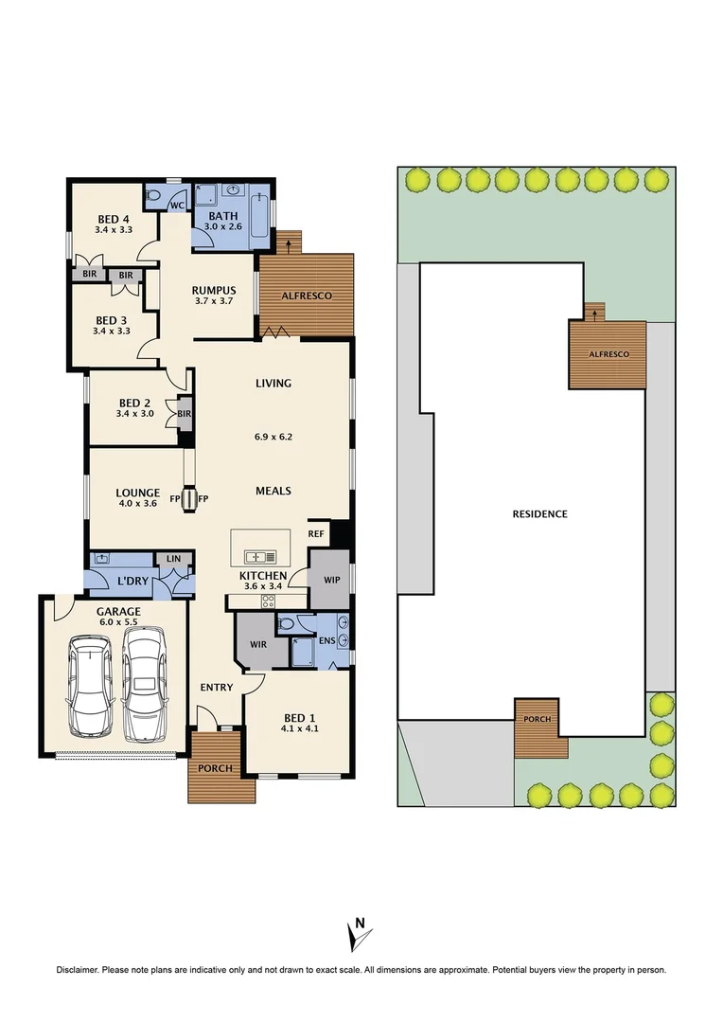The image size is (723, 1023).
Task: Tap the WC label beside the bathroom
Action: pyautogui.click(x=177, y=206)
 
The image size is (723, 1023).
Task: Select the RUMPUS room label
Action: pyautogui.click(x=214, y=291)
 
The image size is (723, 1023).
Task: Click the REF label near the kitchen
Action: pyautogui.click(x=316, y=533)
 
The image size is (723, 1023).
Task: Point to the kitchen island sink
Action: pyautogui.click(x=260, y=557)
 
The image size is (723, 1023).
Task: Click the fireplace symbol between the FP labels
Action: pyautogui.click(x=189, y=499)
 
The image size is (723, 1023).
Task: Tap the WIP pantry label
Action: pyautogui.click(x=332, y=580)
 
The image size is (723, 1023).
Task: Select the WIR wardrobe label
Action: pyautogui.click(x=258, y=645)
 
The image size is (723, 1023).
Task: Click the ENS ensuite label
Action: pyautogui.click(x=327, y=640)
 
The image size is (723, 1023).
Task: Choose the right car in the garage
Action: pyautogui.click(x=144, y=685)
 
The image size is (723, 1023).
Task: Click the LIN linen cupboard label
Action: pyautogui.click(x=173, y=559)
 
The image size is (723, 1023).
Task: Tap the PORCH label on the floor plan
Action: pyautogui.click(x=215, y=768)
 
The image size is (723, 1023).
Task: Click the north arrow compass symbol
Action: pyautogui.click(x=358, y=933)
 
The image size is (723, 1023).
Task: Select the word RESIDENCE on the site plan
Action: pyautogui.click(x=539, y=514)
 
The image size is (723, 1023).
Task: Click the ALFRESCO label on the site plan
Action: pyautogui.click(x=609, y=354)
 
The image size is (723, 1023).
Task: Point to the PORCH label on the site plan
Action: pyautogui.click(x=538, y=719)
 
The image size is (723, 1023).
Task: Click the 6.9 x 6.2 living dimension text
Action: pyautogui.click(x=273, y=437)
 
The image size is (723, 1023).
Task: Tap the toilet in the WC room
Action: pyautogui.click(x=152, y=194)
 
